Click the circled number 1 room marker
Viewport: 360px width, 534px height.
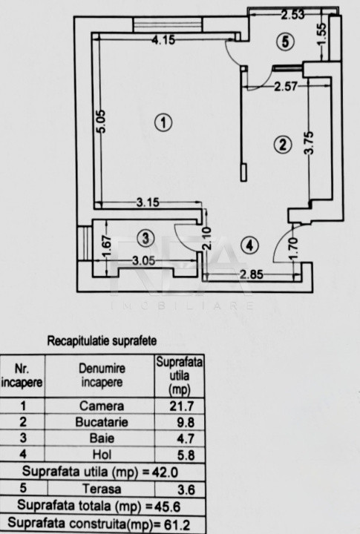tap(163, 122)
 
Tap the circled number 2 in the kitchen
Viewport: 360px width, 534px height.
tap(283, 145)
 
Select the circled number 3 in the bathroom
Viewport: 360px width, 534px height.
tap(145, 238)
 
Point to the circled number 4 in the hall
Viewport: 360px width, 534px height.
tap(250, 245)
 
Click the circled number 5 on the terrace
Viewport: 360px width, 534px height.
tap(285, 42)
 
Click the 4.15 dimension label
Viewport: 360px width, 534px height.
tap(163, 40)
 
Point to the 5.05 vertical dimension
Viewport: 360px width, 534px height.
tap(101, 121)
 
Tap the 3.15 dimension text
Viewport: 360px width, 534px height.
tap(148, 202)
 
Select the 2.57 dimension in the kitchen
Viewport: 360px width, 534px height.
tap(286, 86)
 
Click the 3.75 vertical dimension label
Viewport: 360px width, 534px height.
tap(309, 143)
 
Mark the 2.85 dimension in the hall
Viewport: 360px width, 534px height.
tap(251, 274)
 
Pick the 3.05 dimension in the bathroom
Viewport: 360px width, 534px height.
tap(143, 261)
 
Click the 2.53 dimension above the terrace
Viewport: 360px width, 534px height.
tap(293, 15)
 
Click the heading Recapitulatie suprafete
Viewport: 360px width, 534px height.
tap(102, 341)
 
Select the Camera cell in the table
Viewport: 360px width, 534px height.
tap(102, 406)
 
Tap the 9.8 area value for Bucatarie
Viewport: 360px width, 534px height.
tap(186, 423)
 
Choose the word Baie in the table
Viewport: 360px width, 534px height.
tap(102, 438)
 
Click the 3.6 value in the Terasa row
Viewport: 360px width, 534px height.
tap(186, 489)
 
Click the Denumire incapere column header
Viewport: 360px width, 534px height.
tap(102, 375)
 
